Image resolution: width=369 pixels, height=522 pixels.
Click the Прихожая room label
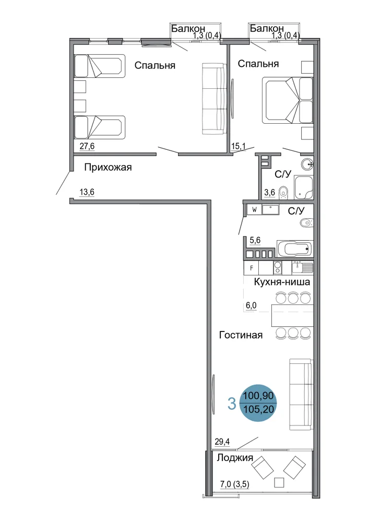pyautogui.click(x=108, y=167)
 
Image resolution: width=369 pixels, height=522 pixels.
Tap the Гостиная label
pyautogui.click(x=241, y=335)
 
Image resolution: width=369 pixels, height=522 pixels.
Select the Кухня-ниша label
pyautogui.click(x=282, y=282)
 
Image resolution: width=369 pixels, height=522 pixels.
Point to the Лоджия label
pyautogui.click(x=235, y=458)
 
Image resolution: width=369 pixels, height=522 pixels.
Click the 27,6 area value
pyautogui.click(x=87, y=146)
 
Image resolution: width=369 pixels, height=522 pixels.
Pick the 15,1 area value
pyautogui.click(x=238, y=146)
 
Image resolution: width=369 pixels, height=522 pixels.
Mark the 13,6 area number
pyautogui.click(x=87, y=192)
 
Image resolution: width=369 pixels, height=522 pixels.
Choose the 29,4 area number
pyautogui.click(x=222, y=442)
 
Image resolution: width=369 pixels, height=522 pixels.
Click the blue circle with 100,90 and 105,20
pyautogui.click(x=258, y=402)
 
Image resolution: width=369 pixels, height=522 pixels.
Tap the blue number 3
pyautogui.click(x=232, y=404)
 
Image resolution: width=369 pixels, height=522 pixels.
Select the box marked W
pyautogui.click(x=254, y=210)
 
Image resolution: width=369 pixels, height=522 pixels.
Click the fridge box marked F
pyautogui.click(x=252, y=268)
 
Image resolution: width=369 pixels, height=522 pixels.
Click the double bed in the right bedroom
pyautogui.click(x=288, y=100)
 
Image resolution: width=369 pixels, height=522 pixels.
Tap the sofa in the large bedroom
pyautogui.click(x=213, y=99)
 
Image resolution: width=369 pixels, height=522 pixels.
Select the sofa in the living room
pyautogui.click(x=301, y=395)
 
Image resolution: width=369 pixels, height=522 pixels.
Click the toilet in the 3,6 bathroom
pyautogui.click(x=283, y=192)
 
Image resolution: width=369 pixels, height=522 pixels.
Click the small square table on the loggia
pyautogui.click(x=279, y=482)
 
